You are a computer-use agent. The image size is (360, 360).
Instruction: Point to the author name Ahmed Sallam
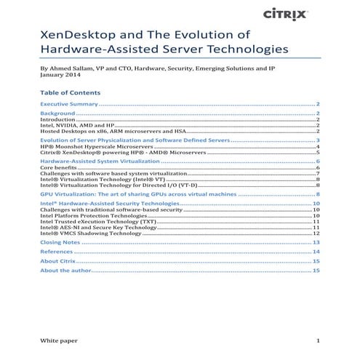click(x=69, y=71)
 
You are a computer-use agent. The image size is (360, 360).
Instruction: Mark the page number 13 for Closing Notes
click(x=316, y=242)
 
